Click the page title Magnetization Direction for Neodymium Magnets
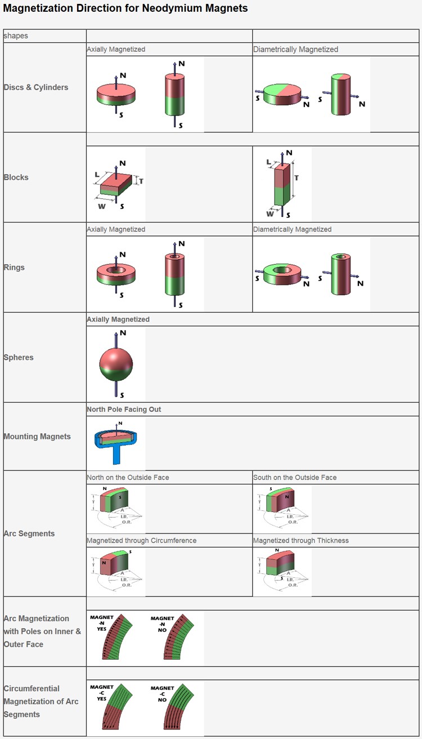(125, 8)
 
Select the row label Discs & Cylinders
(36, 87)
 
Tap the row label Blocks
(16, 177)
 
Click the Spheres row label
(19, 358)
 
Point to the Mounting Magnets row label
(37, 437)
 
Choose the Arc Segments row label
(29, 533)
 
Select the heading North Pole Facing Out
(124, 409)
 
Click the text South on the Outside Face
(295, 478)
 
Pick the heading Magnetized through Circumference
(142, 541)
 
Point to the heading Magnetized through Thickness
(301, 541)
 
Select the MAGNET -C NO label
(162, 693)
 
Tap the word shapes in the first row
(16, 36)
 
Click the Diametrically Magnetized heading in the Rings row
(293, 230)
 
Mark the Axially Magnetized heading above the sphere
(118, 319)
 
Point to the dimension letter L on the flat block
(97, 175)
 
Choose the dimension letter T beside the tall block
(297, 178)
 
